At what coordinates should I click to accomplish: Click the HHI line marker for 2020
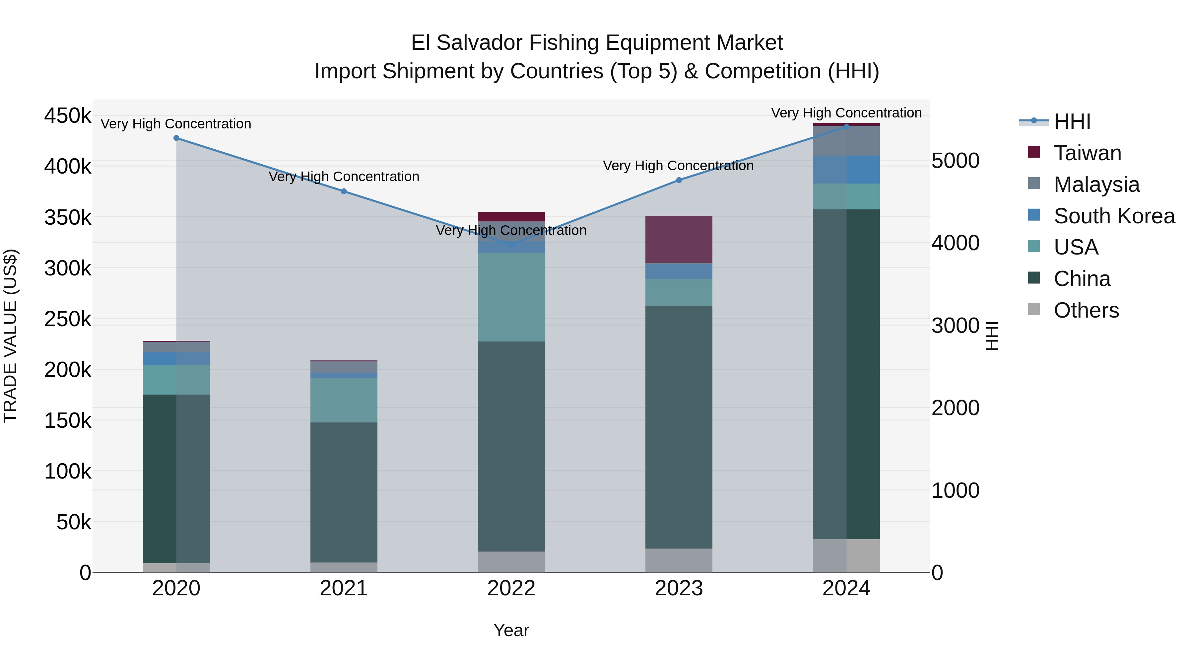pyautogui.click(x=176, y=138)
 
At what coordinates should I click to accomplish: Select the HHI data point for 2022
pyautogui.click(x=511, y=244)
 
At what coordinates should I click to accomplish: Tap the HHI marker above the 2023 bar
pyautogui.click(x=679, y=180)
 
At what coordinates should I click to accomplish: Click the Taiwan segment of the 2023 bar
pyautogui.click(x=679, y=239)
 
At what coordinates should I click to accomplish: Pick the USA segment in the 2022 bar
pyautogui.click(x=511, y=297)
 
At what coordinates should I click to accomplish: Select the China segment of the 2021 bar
pyautogui.click(x=344, y=491)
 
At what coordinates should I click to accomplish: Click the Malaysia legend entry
pyautogui.click(x=1096, y=185)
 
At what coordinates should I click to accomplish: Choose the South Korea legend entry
pyautogui.click(x=1114, y=216)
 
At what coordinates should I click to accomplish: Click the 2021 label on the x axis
pyautogui.click(x=344, y=588)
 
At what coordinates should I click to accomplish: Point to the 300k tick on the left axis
pyautogui.click(x=68, y=268)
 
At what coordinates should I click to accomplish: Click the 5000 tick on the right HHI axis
pyautogui.click(x=955, y=161)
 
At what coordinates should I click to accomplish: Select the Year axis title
pyautogui.click(x=511, y=630)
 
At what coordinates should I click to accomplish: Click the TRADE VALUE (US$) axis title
pyautogui.click(x=10, y=336)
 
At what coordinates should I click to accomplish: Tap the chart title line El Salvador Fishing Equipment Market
pyautogui.click(x=597, y=43)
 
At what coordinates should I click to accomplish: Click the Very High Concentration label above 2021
pyautogui.click(x=344, y=177)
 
